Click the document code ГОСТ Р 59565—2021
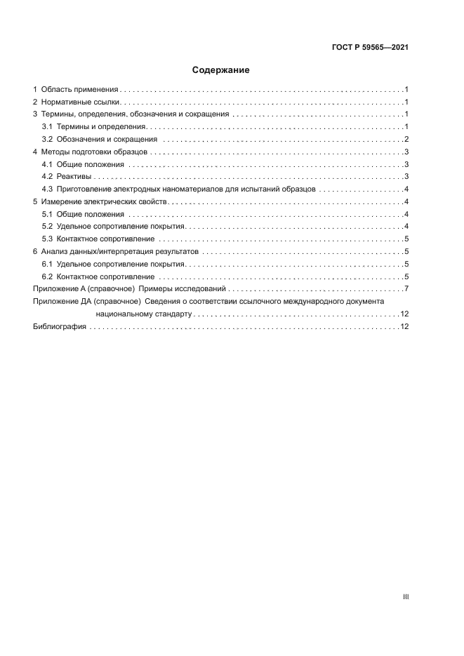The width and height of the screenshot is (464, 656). pos(370,48)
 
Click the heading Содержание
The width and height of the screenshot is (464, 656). pos(221,70)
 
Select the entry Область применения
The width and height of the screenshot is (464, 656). pos(80,90)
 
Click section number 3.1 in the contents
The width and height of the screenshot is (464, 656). pos(47,127)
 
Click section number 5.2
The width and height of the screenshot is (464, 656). pos(47,226)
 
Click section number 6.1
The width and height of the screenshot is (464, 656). pos(47,264)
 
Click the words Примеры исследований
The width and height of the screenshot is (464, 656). pos(192,289)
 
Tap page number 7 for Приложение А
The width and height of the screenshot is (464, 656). pos(406,289)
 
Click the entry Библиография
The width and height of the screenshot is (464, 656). pos(60,327)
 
